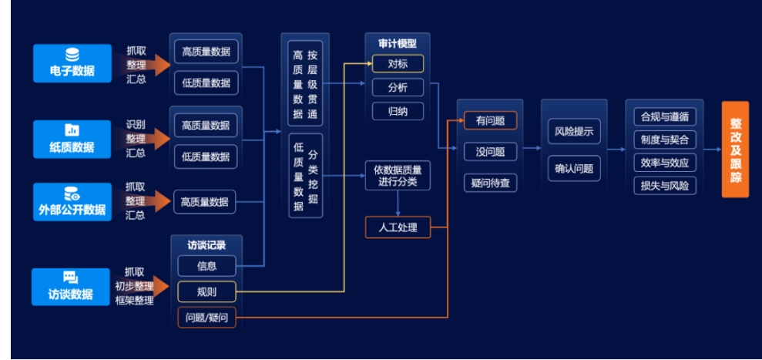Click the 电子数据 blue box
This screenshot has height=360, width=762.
[x=72, y=62]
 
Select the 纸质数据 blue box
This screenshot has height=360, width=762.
[x=72, y=139]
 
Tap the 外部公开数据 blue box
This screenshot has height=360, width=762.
[x=72, y=202]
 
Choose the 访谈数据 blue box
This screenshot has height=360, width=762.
[x=71, y=286]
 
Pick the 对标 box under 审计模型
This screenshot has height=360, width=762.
[x=398, y=64]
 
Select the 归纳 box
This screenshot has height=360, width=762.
[x=398, y=112]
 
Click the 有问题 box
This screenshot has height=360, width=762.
[x=490, y=121]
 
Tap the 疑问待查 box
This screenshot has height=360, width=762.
[x=490, y=183]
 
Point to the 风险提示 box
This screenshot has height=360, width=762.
[x=574, y=132]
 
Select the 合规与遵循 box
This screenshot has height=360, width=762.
[x=664, y=117]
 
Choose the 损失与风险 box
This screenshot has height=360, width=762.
[x=664, y=185]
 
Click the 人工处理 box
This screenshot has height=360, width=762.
[x=398, y=227]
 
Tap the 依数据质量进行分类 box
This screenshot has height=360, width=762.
[x=398, y=175]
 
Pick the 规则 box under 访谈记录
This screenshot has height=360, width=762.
[x=206, y=291]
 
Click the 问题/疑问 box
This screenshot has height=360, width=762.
[x=206, y=318]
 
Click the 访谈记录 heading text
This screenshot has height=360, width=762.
[x=206, y=245]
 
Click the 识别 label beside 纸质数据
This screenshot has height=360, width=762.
[x=136, y=124]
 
